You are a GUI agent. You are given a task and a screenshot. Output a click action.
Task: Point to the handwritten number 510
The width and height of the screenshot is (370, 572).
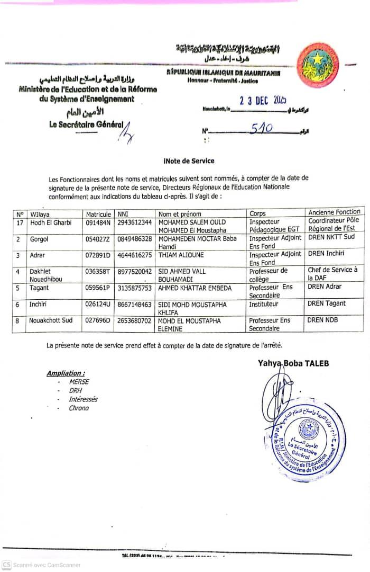point(261,129)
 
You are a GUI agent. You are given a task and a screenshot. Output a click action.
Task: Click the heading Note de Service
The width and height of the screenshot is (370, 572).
point(189,160)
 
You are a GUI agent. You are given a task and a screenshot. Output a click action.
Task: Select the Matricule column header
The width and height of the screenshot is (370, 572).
point(98,214)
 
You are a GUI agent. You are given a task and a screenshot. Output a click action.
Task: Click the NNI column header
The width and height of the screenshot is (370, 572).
point(124,214)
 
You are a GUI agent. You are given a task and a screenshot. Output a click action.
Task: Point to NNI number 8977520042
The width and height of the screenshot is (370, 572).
point(135,271)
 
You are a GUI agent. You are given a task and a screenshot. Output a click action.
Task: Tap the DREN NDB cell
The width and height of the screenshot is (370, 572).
point(322,320)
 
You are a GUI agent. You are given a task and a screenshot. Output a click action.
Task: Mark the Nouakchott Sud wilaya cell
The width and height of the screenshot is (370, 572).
point(51,320)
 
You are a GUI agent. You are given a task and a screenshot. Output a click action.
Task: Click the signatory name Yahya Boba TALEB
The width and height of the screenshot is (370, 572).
point(293,363)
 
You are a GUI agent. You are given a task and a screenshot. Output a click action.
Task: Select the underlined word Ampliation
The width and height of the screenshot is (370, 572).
point(65,373)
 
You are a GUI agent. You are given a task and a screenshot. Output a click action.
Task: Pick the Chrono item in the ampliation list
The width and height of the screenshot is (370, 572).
point(79,408)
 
